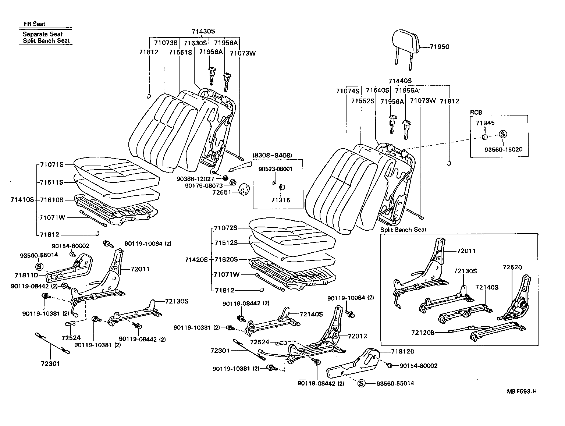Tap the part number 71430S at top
point(203,31)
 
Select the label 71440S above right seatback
point(400,81)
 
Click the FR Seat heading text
point(34,24)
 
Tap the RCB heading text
point(476,113)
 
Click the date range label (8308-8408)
point(272,155)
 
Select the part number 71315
point(280,200)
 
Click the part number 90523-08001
point(276,169)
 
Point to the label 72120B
point(423,333)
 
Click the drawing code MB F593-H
point(521,391)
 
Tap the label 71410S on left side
point(22,199)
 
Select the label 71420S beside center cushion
point(196,259)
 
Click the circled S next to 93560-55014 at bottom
point(361,383)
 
